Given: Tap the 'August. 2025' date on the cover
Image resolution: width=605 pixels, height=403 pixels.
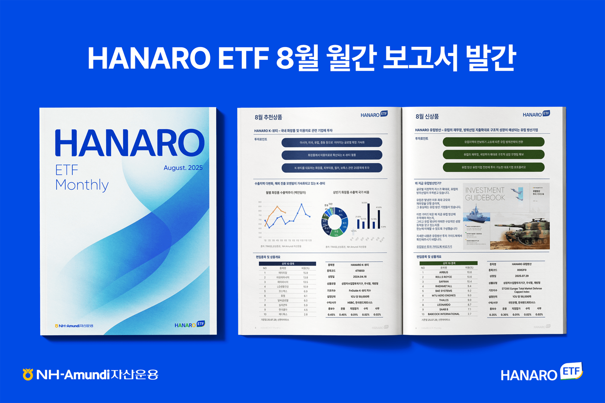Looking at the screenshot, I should pyautogui.click(x=183, y=168).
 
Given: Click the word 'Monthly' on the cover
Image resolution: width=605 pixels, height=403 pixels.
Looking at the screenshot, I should pyautogui.click(x=82, y=185).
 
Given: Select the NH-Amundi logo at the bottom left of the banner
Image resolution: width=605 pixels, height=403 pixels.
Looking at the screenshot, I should pyautogui.click(x=90, y=374).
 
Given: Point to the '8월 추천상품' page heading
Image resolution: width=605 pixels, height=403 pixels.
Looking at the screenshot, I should pyautogui.click(x=268, y=117).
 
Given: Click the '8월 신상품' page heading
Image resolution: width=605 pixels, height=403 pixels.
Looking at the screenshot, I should pyautogui.click(x=427, y=116).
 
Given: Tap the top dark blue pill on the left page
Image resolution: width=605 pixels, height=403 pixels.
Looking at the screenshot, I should pyautogui.click(x=332, y=142).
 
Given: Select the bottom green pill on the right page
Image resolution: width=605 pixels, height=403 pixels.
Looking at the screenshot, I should pyautogui.click(x=493, y=167).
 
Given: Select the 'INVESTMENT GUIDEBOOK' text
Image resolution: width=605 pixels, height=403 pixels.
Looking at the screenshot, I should pyautogui.click(x=485, y=194).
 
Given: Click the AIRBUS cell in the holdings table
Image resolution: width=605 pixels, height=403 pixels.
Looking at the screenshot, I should pyautogui.click(x=444, y=272).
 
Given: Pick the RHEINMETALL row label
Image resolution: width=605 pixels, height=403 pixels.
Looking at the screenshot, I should pyautogui.click(x=444, y=286).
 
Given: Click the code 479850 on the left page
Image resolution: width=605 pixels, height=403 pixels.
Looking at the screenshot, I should pyautogui.click(x=360, y=271).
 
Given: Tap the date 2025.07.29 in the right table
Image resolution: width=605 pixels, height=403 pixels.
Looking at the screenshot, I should pyautogui.click(x=521, y=276).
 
